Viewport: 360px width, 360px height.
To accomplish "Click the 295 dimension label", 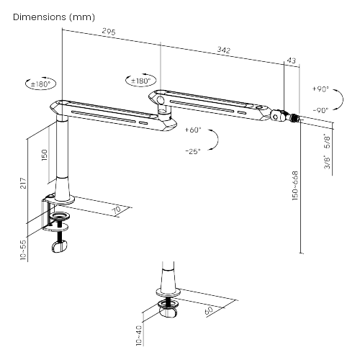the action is (x=109, y=32).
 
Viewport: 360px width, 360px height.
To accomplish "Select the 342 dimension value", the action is (x=224, y=50).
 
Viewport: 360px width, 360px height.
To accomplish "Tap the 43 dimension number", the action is (x=292, y=60).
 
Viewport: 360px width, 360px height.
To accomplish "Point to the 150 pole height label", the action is (x=45, y=155).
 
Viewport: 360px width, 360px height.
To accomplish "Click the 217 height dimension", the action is (x=23, y=183).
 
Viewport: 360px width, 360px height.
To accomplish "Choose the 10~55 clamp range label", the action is (x=23, y=250).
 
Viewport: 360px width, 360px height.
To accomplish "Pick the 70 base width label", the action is (x=117, y=210).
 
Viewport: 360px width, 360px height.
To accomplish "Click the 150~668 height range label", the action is (x=295, y=186).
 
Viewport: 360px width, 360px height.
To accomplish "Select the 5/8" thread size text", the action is (x=328, y=141).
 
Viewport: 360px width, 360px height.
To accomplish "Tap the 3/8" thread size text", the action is (x=328, y=163).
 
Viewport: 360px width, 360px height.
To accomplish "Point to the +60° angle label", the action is (x=193, y=130).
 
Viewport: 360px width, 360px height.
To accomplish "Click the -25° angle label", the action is (x=193, y=151).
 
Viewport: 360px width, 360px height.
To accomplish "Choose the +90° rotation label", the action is (x=320, y=89).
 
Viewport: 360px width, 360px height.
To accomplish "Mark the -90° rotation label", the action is (x=320, y=110).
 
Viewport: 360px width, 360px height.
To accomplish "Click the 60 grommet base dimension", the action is (x=209, y=310).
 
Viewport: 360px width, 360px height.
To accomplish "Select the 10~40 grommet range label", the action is (x=139, y=336).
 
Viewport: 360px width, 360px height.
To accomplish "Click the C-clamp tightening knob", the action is (x=59, y=247).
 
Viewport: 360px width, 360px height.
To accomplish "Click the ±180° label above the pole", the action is (x=41, y=84).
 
